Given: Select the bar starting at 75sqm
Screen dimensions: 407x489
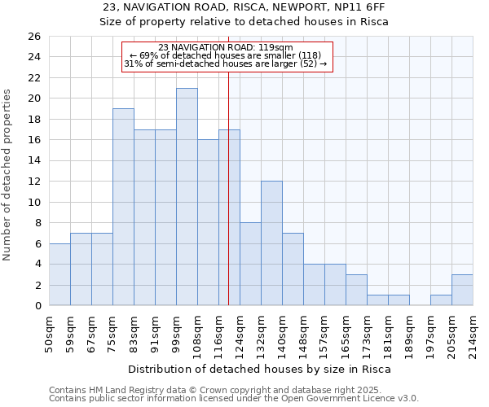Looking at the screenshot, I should click(123, 207).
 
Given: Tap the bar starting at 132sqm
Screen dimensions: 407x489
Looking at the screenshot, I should click(271, 243).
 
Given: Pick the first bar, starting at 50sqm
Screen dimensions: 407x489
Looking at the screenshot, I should click(59, 274).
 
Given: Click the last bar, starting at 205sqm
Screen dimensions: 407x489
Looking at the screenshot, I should click(462, 290).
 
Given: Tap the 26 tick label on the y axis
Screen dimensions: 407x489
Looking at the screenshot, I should click(33, 37).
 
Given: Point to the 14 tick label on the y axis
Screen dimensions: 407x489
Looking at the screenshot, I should click(33, 161).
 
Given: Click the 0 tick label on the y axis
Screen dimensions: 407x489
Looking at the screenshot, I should click(37, 306).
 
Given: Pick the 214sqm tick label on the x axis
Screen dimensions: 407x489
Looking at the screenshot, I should click(473, 331).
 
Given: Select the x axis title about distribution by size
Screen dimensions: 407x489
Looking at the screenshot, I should click(260, 369).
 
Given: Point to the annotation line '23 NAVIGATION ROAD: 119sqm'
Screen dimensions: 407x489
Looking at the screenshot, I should click(227, 47).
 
